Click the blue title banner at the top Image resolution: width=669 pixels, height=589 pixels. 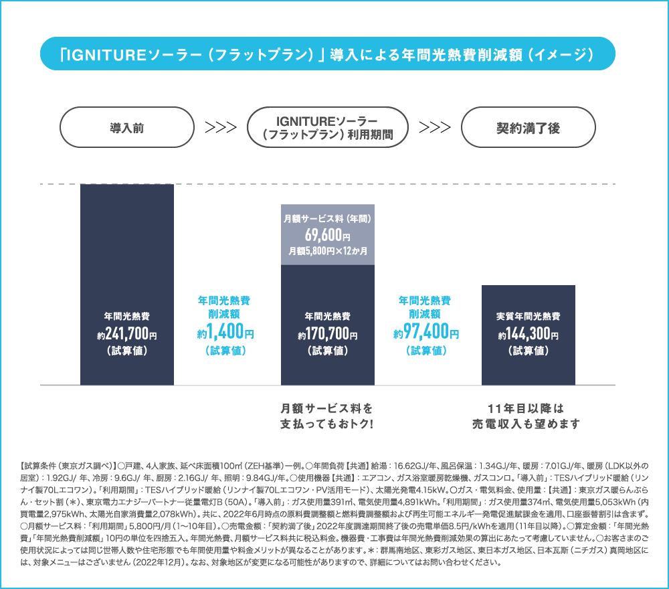(x=328, y=54)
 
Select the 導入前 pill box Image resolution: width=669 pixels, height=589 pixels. (x=127, y=127)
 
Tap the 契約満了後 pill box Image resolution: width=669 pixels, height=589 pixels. (x=529, y=127)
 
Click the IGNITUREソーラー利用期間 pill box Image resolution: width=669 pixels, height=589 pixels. (x=328, y=127)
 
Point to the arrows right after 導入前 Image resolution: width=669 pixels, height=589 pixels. (x=221, y=127)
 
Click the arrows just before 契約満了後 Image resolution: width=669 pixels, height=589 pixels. (x=435, y=127)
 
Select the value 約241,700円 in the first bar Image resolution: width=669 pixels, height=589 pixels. (x=127, y=333)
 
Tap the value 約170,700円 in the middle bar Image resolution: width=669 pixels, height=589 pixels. (x=328, y=333)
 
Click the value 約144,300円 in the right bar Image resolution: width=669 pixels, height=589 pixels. (x=529, y=333)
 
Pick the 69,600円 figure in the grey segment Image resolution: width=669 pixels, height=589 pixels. (x=328, y=235)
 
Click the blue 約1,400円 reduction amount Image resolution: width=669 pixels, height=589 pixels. (x=225, y=331)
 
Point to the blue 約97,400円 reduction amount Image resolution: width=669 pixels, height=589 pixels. (x=425, y=331)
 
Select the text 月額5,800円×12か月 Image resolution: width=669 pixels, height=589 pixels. (x=328, y=251)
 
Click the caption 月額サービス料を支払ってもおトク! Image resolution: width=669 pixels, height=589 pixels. (x=327, y=416)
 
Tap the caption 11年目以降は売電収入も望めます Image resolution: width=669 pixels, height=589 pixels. (x=526, y=416)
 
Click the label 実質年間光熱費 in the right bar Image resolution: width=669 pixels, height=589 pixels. (x=529, y=317)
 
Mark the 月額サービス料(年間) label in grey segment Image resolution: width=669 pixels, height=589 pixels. (x=328, y=218)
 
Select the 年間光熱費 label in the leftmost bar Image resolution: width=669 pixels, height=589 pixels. (x=127, y=317)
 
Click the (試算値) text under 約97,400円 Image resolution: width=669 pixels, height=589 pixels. (x=425, y=351)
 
